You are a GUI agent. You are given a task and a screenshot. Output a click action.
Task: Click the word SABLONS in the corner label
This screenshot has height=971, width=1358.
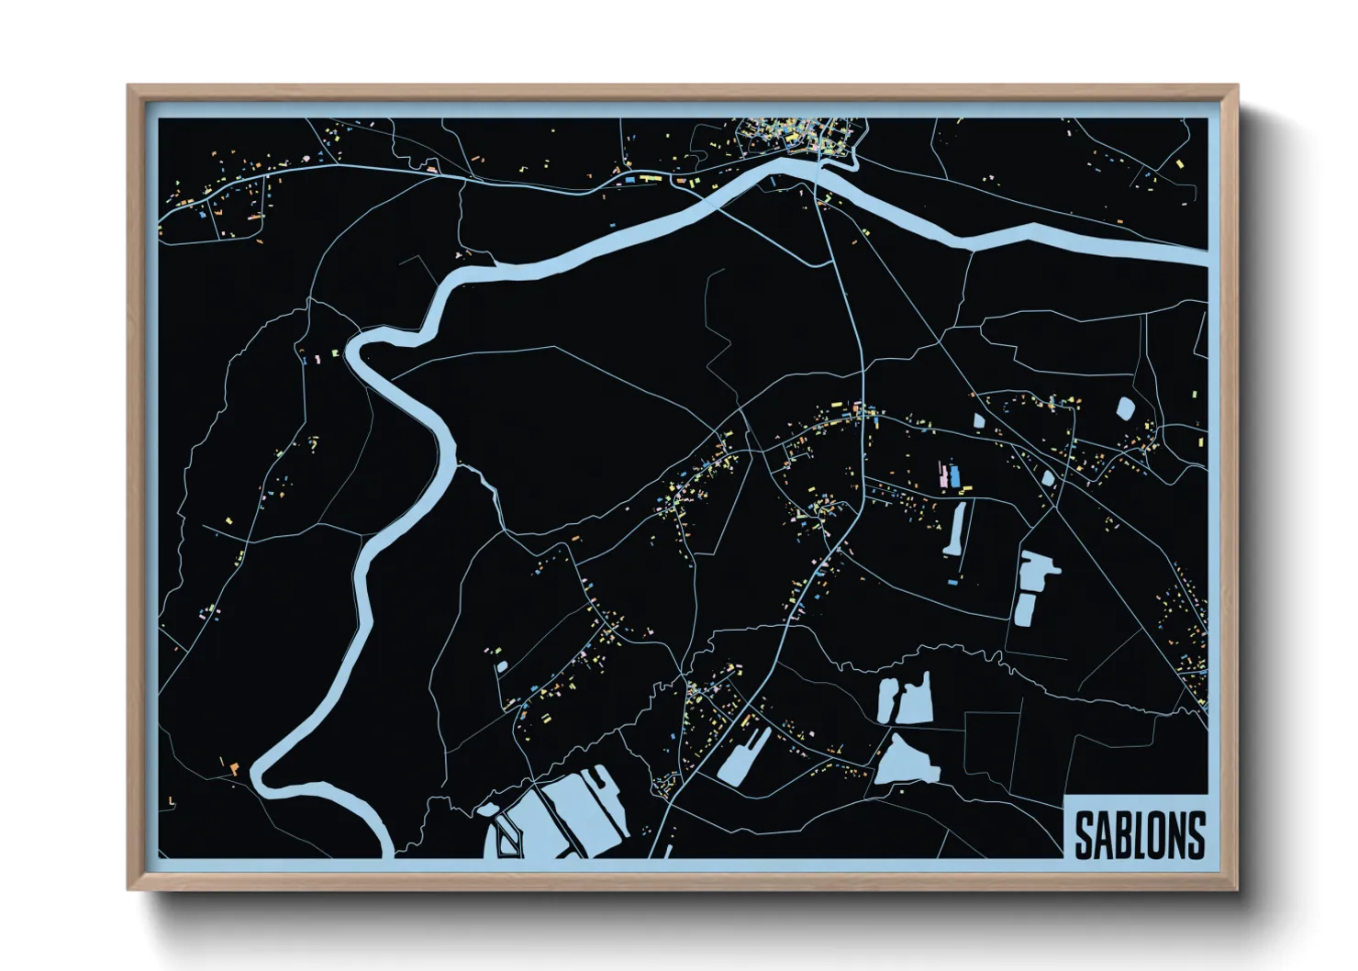click(x=1139, y=833)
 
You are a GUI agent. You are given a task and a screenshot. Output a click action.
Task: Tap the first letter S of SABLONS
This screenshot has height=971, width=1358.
click(x=1084, y=833)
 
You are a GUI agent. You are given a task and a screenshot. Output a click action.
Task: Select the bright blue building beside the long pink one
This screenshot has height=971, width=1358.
click(x=955, y=475)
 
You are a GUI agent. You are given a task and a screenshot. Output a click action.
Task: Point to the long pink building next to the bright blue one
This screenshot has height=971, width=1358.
click(x=943, y=476)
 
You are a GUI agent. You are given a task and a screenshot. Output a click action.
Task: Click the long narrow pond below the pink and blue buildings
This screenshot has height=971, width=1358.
click(x=956, y=530)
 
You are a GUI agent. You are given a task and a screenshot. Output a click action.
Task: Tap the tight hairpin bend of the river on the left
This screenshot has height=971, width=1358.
click(x=353, y=347)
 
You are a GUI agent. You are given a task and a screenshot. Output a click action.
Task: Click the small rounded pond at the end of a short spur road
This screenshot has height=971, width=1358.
click(x=501, y=666)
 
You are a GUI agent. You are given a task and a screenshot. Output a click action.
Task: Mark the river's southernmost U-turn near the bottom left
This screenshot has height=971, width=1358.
click(x=266, y=777)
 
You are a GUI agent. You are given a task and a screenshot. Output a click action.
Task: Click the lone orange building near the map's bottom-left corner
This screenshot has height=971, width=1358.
click(x=235, y=769)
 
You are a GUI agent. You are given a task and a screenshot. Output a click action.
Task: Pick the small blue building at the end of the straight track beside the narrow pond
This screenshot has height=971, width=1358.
click(x=952, y=582)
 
